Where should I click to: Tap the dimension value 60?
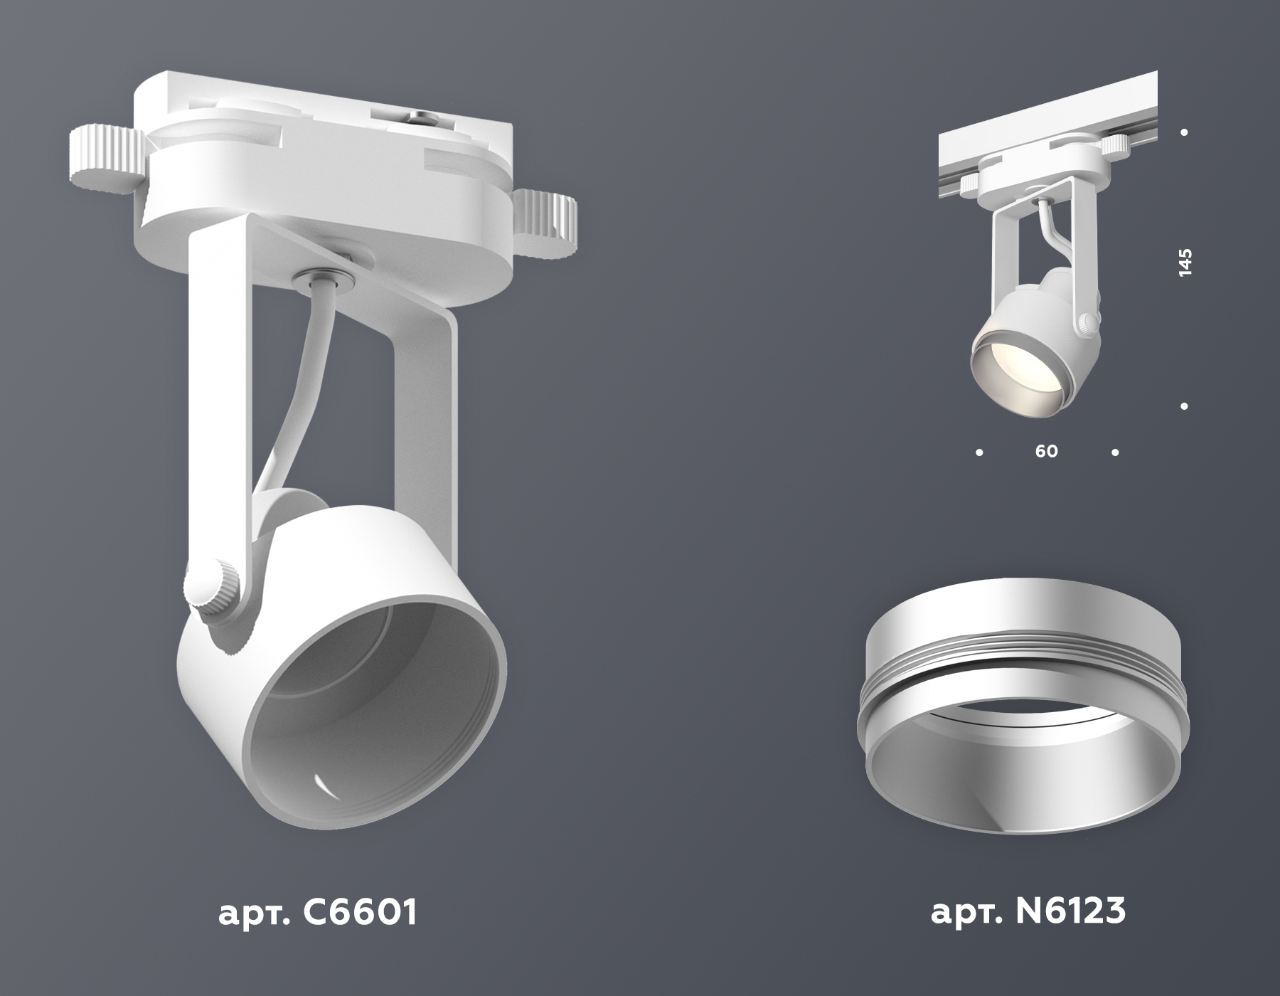1047,451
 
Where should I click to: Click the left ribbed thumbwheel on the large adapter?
105,161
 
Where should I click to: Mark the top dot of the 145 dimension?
1185,132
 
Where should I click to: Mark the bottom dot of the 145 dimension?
1185,406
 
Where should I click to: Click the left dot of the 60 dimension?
980,452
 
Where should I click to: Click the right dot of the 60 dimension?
1115,452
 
